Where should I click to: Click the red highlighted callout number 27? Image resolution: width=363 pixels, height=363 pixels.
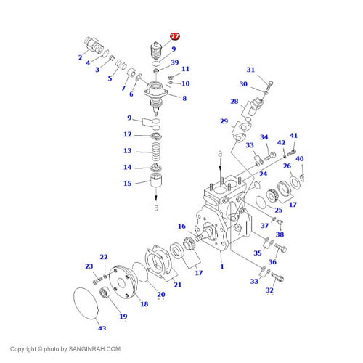pos(175,36)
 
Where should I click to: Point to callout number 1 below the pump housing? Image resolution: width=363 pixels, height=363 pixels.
pos(223,266)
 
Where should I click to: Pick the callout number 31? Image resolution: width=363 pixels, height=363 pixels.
pos(250,70)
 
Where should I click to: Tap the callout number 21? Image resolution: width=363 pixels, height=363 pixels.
pos(177,284)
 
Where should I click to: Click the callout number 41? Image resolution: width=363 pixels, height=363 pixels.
pos(293,136)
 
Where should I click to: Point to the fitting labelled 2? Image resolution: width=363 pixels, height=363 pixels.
pos(95,45)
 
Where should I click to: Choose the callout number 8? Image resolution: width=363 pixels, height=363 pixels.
pos(184,98)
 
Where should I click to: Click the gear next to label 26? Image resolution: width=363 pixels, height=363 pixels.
pos(274,194)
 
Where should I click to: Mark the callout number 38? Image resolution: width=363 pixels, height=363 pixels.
pos(280,234)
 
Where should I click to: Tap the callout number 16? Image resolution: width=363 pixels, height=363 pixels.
pos(182,227)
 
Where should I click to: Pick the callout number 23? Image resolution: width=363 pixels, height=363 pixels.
pos(89,266)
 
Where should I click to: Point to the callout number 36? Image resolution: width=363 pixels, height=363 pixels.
pos(273,262)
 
